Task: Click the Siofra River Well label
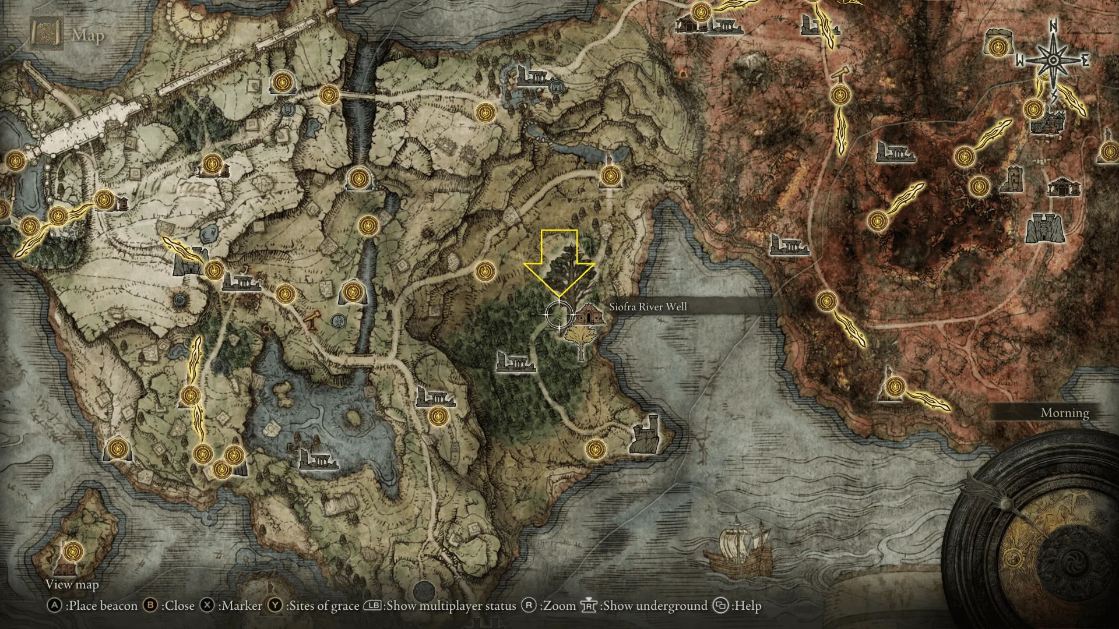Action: point(648,306)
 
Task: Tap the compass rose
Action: point(1054,61)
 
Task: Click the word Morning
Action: point(1065,413)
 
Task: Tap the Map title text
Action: point(88,36)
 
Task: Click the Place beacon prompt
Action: point(93,606)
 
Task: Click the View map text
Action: point(72,584)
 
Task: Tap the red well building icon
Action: point(586,315)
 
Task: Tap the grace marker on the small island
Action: point(73,550)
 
